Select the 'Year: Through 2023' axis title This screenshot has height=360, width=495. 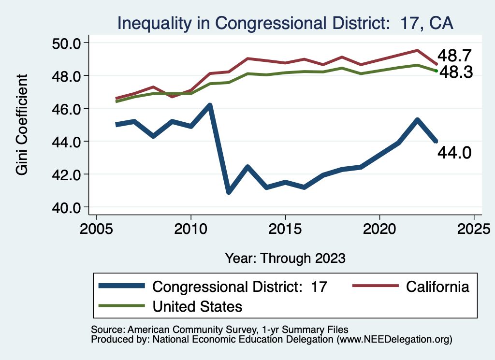[285, 258]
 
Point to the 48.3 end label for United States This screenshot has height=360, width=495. [455, 72]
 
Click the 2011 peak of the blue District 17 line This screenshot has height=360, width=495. [209, 105]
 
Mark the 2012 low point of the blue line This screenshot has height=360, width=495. [228, 192]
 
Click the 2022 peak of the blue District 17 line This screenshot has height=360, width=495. [417, 120]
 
